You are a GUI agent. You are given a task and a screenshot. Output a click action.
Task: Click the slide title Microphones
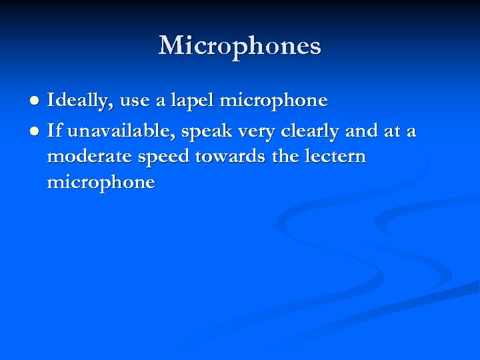(240, 46)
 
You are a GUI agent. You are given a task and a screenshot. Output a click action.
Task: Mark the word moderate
(85, 157)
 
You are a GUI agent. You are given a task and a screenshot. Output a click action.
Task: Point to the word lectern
(333, 157)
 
